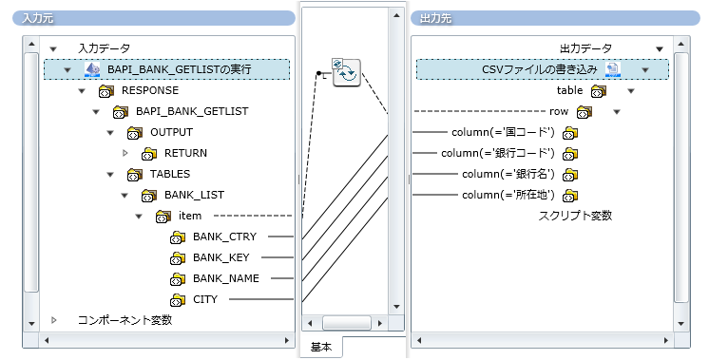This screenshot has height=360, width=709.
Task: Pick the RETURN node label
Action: [x=185, y=153]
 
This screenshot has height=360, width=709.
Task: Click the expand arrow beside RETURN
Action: [x=125, y=153]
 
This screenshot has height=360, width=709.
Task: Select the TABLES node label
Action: [x=170, y=174]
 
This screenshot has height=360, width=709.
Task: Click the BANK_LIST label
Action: [x=194, y=195]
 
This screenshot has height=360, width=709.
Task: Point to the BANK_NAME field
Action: [x=226, y=278]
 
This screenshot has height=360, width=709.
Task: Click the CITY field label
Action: [x=205, y=299]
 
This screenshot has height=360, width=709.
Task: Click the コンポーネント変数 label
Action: [x=125, y=320]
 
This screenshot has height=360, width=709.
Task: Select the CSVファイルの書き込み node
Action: [x=538, y=69]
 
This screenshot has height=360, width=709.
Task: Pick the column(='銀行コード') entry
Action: [x=497, y=153]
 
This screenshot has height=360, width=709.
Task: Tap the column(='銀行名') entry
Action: [x=508, y=174]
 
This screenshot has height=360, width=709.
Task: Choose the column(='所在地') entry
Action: [x=508, y=195]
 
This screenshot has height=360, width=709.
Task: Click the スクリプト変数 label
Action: [x=575, y=216]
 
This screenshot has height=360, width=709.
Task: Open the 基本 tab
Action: [x=321, y=348]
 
